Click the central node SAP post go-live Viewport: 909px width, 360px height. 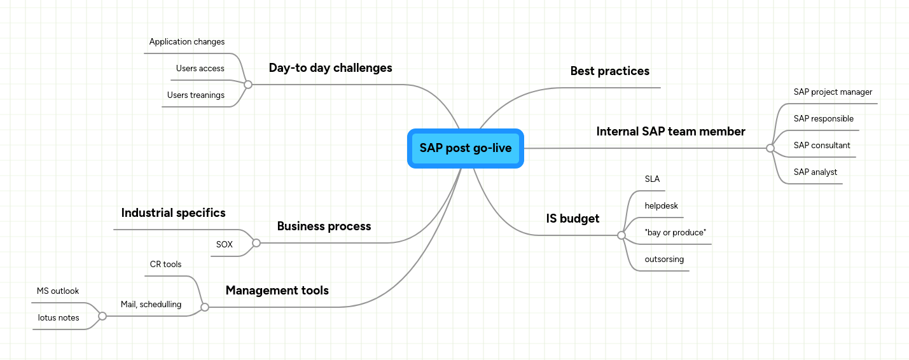465,148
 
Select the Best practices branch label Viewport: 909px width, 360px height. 609,71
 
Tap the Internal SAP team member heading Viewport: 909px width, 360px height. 670,132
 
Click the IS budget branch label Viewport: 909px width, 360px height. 572,219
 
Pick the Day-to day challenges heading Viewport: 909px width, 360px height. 330,68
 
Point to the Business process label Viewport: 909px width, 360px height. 324,226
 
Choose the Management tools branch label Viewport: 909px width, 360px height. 277,291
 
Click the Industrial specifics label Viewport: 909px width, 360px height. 173,212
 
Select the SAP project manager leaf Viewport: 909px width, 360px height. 833,92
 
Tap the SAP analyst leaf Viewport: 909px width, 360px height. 815,172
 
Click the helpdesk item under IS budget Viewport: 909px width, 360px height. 661,206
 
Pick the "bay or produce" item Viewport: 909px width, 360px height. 675,233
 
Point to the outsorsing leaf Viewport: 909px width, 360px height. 664,260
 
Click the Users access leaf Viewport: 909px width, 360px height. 200,69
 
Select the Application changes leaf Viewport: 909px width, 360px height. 186,42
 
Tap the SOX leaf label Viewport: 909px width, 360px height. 224,244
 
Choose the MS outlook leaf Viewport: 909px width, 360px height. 58,291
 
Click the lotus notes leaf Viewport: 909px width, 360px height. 59,318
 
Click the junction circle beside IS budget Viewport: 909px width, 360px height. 621,235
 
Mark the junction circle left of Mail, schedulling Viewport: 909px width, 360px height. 102,316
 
